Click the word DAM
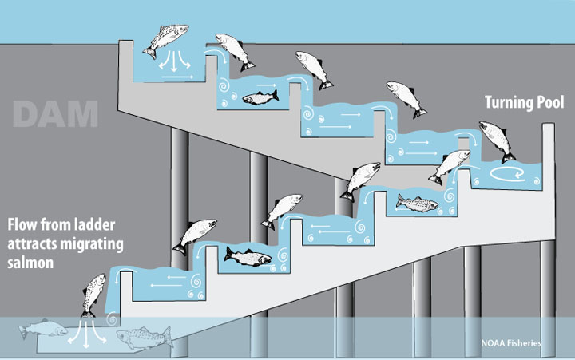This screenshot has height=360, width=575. tap(56, 114)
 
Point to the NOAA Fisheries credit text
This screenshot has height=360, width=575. tap(512, 342)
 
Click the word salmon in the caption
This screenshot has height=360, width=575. tap(31, 262)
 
